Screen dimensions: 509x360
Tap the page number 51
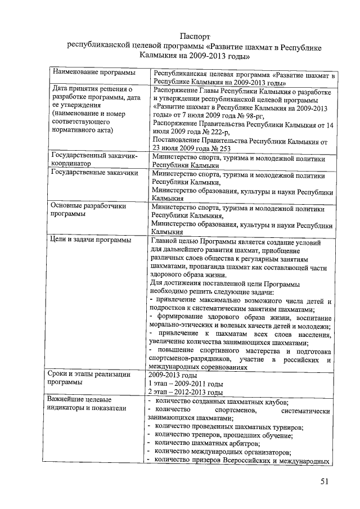coord(325,481)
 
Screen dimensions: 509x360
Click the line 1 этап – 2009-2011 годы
coord(185,384)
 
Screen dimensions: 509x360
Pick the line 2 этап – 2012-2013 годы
coord(185,392)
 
